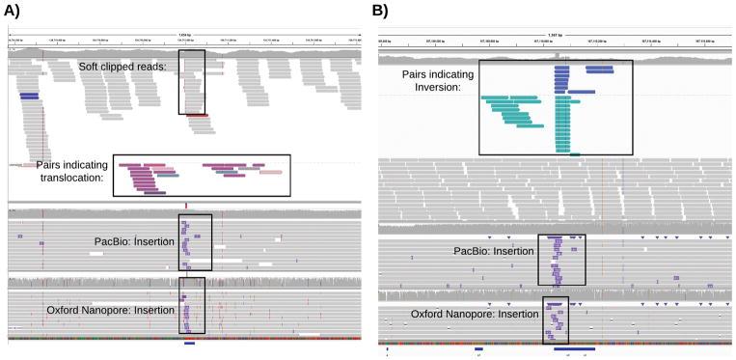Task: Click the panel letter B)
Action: tap(382, 13)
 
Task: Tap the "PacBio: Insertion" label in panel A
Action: tap(136, 240)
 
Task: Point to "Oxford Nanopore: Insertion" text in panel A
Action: tap(109, 310)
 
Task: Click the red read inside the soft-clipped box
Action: tap(197, 116)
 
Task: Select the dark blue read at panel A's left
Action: tap(29, 96)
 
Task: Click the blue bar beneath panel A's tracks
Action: tap(189, 344)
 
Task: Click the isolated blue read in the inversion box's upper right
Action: tap(599, 69)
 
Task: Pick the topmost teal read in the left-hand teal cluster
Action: tap(510, 97)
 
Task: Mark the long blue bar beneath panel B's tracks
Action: tap(574, 348)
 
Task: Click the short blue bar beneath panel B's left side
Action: tap(478, 348)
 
